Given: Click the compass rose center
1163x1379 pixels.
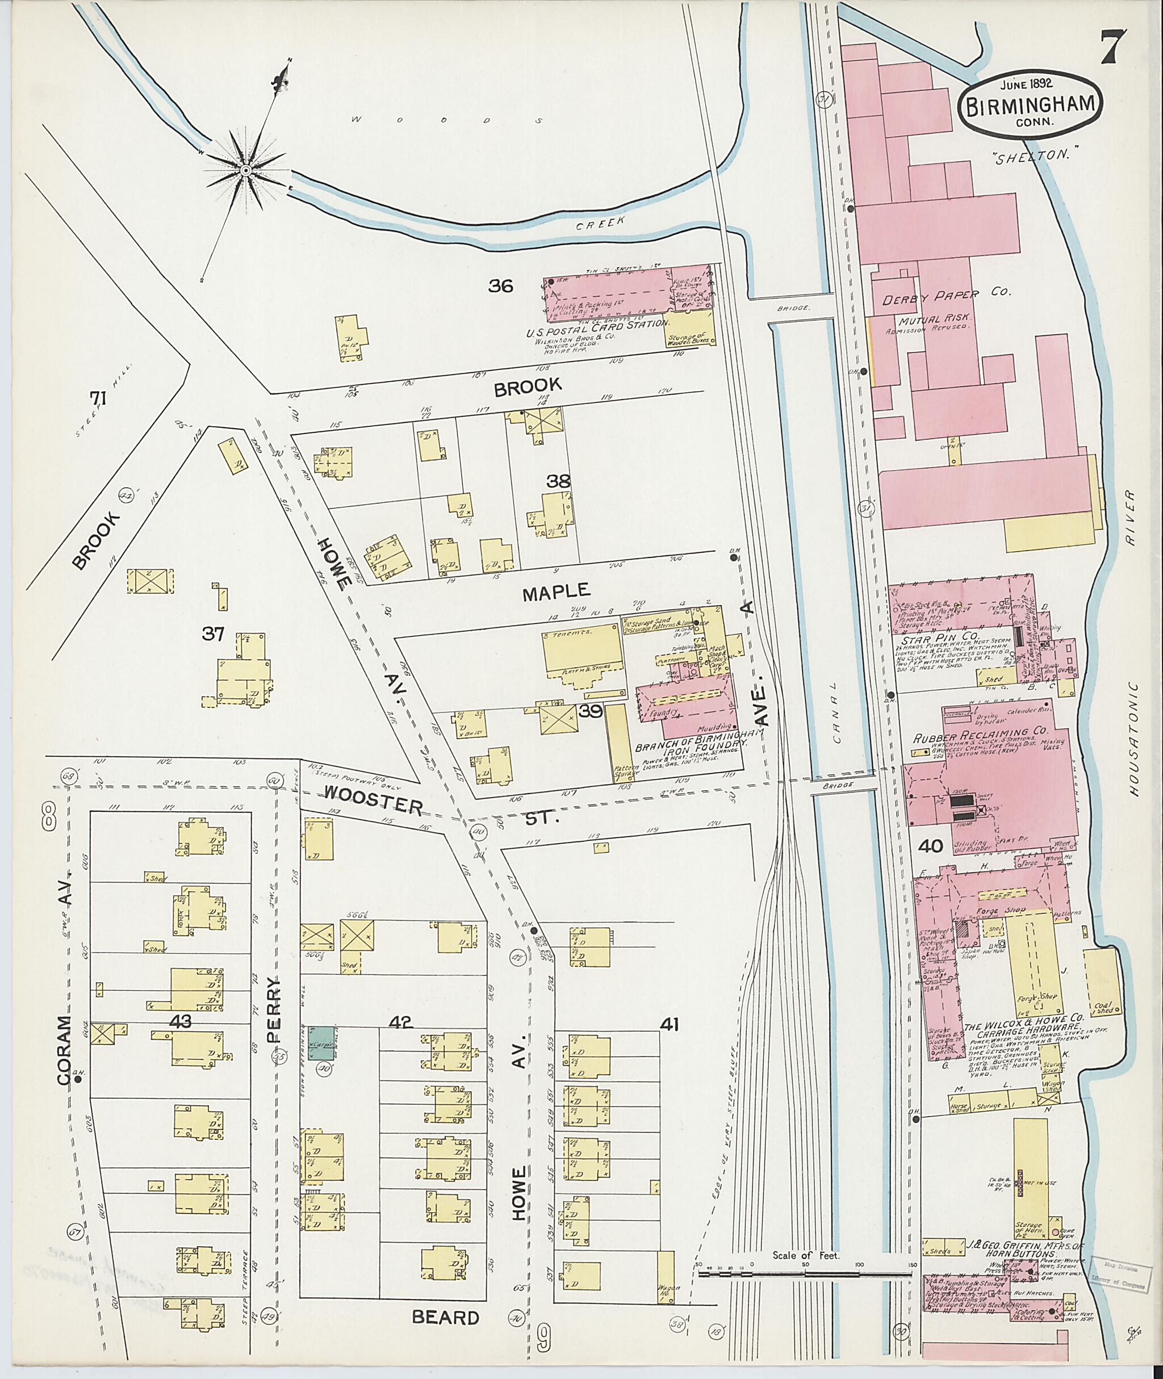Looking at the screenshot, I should [245, 170].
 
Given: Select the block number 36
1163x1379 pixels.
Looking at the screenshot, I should [500, 286].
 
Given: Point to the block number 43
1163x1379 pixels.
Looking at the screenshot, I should [180, 1021].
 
